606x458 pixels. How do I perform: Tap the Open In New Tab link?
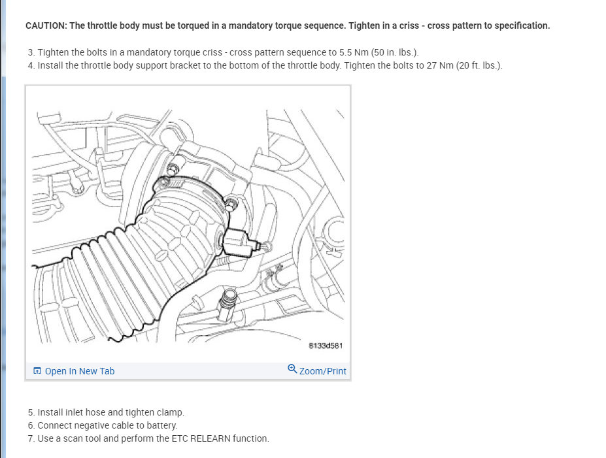pos(79,371)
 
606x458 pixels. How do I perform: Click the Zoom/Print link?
pos(322,371)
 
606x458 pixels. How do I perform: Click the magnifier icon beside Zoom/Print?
pos(292,369)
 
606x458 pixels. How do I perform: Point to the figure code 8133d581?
pos(325,345)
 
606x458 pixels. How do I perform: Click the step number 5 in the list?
pos(31,412)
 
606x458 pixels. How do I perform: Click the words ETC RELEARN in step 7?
pos(196,438)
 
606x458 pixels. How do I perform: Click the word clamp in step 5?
pos(169,412)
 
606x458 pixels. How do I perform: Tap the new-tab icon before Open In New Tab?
pos(37,371)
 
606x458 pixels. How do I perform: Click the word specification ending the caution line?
pos(521,25)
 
